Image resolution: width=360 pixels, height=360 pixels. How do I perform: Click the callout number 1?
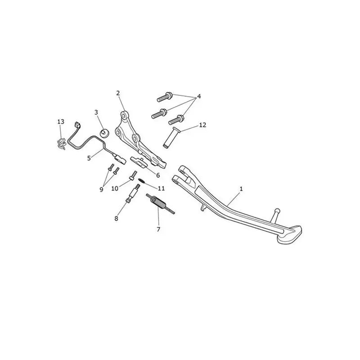(x=241, y=189)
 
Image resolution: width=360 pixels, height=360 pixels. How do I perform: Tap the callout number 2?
(x=118, y=93)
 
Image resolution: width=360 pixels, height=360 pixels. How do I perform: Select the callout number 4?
(x=199, y=96)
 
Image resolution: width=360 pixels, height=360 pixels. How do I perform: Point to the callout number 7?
(x=158, y=229)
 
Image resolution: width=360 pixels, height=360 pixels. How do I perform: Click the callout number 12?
(x=202, y=125)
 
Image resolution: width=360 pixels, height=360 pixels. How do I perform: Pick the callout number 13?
(x=61, y=121)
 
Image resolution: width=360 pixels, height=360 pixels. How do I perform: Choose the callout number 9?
(x=101, y=189)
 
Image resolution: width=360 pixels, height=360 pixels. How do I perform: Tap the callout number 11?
(x=162, y=188)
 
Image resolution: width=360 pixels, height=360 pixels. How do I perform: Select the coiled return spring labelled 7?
(x=161, y=204)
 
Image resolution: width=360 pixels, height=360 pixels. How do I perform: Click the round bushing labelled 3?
(x=104, y=133)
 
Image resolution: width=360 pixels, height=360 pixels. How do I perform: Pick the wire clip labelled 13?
(x=61, y=144)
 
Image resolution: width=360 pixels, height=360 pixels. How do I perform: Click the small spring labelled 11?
(x=141, y=181)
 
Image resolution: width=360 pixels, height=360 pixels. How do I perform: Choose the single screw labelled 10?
(x=133, y=175)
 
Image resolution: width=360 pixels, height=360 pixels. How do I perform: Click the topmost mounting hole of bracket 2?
(x=124, y=114)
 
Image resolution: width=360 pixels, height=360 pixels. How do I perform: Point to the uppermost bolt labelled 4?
(x=165, y=96)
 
